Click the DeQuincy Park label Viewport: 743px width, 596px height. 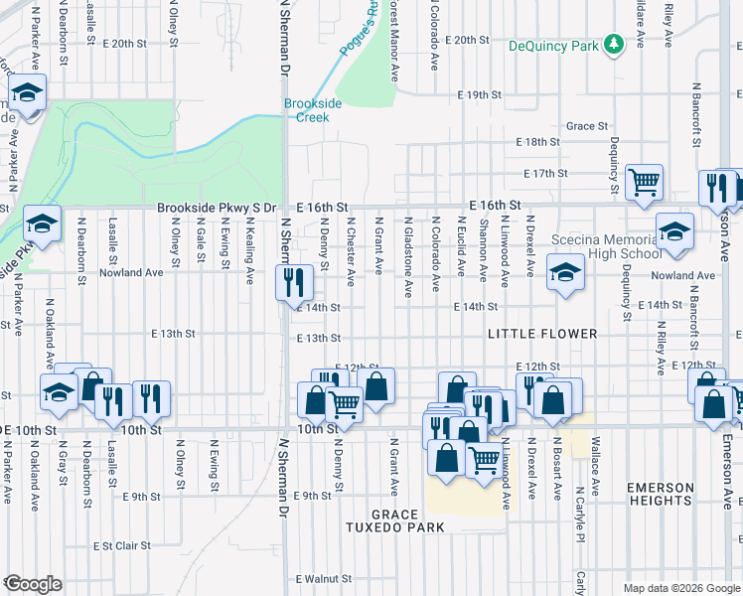coord(554,46)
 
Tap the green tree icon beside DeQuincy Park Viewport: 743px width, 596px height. coord(614,44)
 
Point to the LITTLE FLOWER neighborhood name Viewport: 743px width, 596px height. coord(542,335)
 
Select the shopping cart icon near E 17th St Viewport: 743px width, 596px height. coord(645,182)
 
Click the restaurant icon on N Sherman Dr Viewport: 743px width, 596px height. coord(289,281)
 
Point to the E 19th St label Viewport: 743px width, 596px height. coord(480,94)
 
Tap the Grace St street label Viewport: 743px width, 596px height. coord(587,126)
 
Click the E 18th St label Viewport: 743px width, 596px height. coord(538,143)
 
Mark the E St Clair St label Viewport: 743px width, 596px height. coord(121,545)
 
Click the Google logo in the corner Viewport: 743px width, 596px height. coord(32,584)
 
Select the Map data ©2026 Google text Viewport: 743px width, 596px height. coord(680,588)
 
